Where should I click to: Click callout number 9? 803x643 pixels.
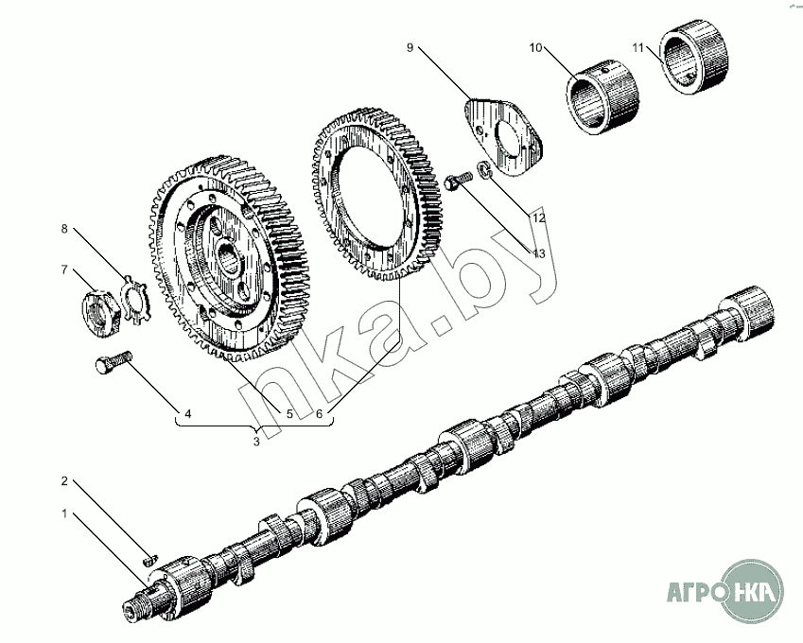coord(410,47)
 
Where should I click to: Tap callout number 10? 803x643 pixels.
coord(535,47)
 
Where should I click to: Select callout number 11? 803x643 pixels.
coord(637,47)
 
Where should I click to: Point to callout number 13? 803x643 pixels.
coord(539,253)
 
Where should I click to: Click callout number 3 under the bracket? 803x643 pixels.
coord(256,441)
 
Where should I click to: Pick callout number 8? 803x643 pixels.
coord(64,229)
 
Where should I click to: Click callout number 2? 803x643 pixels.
coord(64,480)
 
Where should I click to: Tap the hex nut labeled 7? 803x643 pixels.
coord(101,313)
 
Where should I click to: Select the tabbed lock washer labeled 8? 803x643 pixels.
coord(134,300)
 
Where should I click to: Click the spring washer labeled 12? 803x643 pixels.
coord(484,170)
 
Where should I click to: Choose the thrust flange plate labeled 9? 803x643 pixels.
coord(503,135)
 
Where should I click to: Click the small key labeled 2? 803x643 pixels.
coord(149,560)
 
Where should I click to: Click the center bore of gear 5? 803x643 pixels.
coord(229,257)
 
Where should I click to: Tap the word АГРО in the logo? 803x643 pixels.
coord(695,592)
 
